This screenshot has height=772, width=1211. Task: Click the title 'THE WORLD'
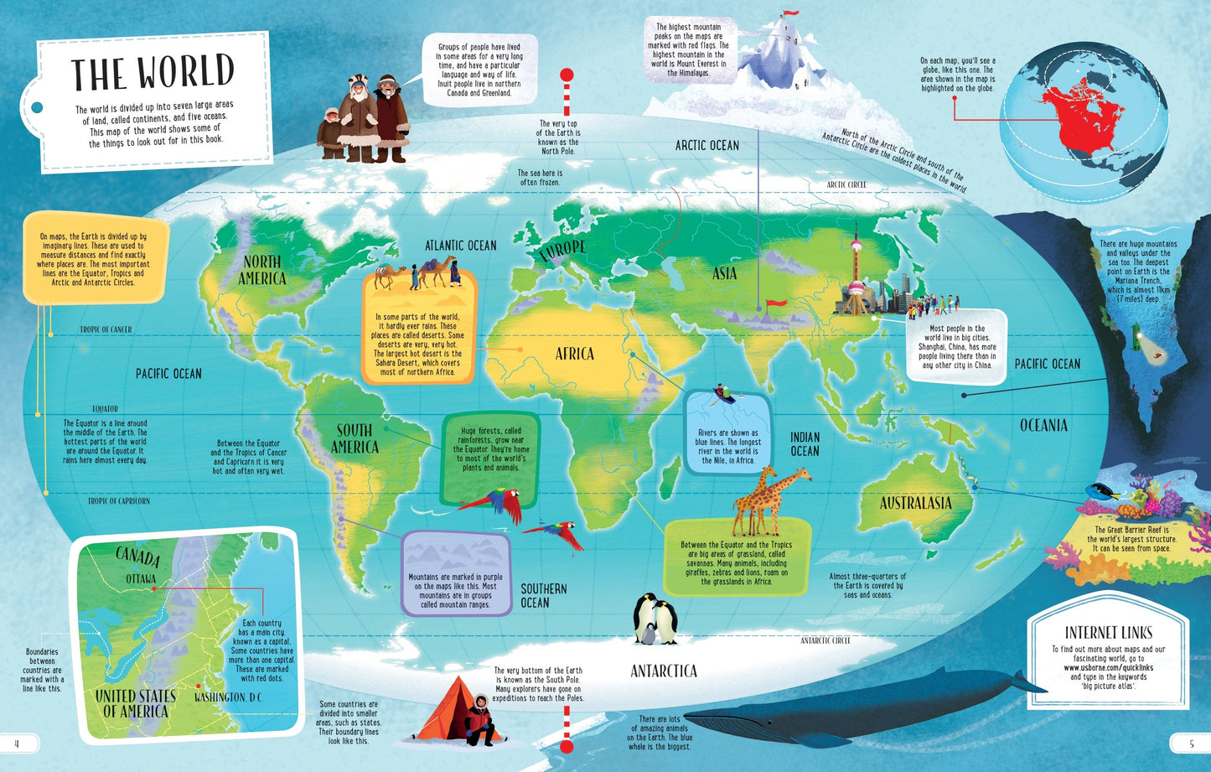152,73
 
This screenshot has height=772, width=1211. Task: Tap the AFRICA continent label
575,354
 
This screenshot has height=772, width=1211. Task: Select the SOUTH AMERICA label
355,438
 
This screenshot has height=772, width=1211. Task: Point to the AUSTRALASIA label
915,503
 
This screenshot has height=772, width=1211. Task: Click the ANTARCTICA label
664,671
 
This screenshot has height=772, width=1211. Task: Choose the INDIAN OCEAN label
805,444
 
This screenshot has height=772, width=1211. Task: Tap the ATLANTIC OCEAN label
460,246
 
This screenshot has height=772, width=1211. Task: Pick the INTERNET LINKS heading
1108,633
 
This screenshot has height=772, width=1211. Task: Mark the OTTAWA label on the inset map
141,578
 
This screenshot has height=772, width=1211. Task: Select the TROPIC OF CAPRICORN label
119,501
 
